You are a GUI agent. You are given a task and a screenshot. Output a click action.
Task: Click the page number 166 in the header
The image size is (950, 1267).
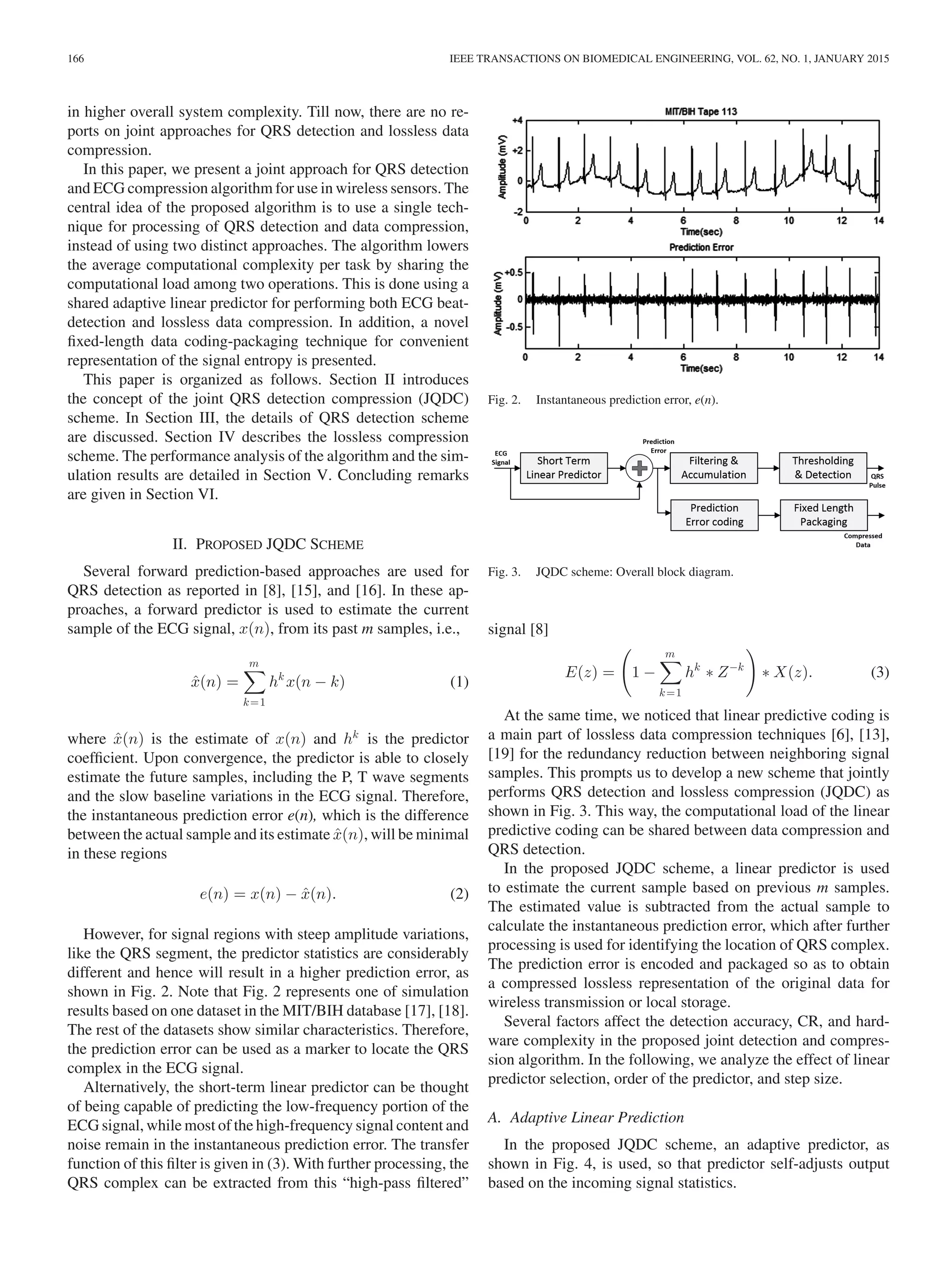(x=76, y=59)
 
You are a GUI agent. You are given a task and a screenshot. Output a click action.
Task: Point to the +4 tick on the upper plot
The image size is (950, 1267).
(x=517, y=120)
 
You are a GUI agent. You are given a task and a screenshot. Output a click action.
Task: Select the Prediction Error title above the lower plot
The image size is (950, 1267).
(x=701, y=247)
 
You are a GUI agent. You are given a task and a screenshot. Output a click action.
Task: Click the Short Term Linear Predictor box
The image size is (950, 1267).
(x=564, y=467)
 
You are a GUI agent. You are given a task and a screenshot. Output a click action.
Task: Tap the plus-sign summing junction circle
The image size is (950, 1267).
(x=639, y=468)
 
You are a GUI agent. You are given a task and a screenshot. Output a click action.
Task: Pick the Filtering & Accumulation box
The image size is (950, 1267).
(x=713, y=467)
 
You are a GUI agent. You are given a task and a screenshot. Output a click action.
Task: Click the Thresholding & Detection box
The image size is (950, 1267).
(x=822, y=467)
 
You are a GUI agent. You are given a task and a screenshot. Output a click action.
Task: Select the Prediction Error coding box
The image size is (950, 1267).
(x=714, y=515)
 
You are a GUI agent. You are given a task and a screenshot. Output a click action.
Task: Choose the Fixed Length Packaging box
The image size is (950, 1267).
(x=823, y=515)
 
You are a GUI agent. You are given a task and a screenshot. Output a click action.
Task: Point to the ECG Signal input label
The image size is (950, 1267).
(x=501, y=457)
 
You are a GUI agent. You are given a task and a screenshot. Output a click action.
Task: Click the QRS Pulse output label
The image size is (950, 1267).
(x=877, y=480)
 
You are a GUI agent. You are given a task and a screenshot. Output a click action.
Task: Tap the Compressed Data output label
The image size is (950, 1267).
(x=862, y=540)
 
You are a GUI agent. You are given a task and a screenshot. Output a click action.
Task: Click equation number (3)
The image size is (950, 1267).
(x=879, y=672)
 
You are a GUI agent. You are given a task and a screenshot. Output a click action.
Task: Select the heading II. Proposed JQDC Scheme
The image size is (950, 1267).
(x=268, y=544)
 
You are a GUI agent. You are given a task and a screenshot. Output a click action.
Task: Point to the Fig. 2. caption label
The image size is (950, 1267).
(x=504, y=400)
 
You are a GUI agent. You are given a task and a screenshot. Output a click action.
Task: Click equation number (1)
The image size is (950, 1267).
(x=459, y=682)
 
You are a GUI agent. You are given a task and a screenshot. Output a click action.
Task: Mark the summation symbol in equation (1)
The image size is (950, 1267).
(x=254, y=682)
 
